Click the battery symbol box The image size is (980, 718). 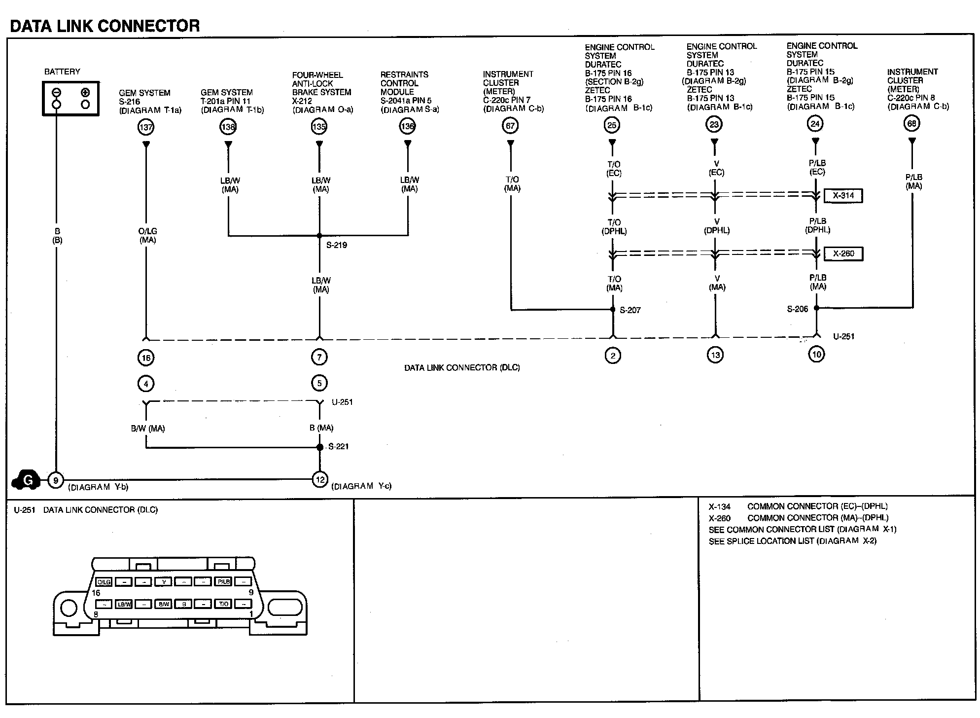[70, 99]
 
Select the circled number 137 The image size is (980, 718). [146, 127]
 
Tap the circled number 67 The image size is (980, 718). [510, 126]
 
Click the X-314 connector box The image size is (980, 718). [843, 195]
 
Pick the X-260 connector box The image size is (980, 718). [843, 253]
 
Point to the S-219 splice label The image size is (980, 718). [337, 245]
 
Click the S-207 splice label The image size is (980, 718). [630, 310]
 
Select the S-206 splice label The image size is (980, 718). [797, 309]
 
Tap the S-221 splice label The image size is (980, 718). [339, 447]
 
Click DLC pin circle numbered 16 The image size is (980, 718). [146, 358]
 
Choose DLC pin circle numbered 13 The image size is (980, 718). [715, 355]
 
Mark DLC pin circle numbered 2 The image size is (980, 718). [613, 355]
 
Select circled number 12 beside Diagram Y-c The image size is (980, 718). [320, 479]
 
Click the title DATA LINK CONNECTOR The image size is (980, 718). [105, 26]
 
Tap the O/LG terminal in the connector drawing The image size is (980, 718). [104, 582]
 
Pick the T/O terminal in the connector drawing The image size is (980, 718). [223, 604]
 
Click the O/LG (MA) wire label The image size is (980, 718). [148, 235]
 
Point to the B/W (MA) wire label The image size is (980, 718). [148, 429]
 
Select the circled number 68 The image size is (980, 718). [912, 123]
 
